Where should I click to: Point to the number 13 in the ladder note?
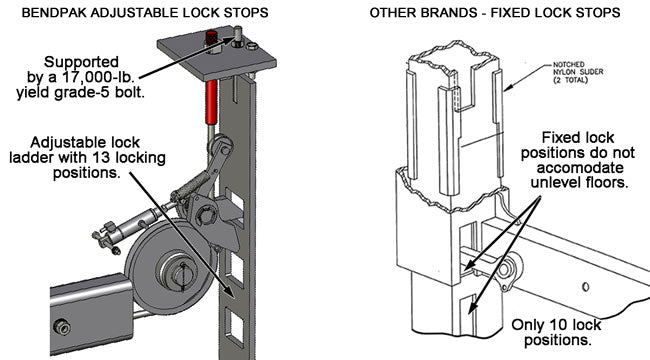coord(106,158)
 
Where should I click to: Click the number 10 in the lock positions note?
coord(558,325)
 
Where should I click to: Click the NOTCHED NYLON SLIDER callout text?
coord(578,72)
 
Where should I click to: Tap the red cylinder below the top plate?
coord(211,102)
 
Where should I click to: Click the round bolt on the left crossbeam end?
coord(62,327)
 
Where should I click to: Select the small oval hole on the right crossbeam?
coord(585,287)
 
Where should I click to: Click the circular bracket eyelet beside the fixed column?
coord(505,270)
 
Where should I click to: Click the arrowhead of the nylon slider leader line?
coord(507,88)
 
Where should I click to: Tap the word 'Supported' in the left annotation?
coord(81,62)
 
